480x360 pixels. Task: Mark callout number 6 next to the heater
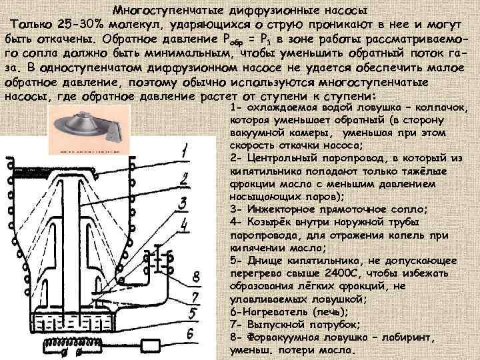pyautogui.click(x=191, y=333)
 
